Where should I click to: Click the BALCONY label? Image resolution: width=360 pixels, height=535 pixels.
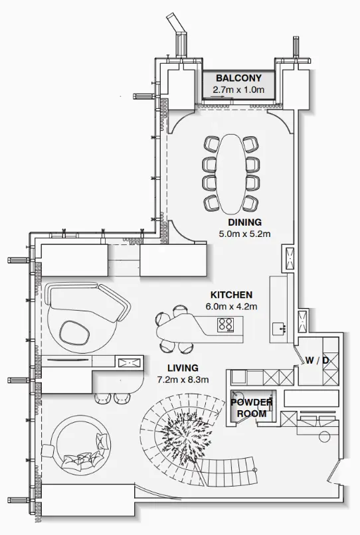click(238, 78)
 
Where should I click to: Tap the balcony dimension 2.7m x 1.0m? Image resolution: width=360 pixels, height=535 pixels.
click(238, 89)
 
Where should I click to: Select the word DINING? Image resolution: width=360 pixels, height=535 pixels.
click(244, 222)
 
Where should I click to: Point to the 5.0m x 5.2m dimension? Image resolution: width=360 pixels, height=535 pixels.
click(244, 234)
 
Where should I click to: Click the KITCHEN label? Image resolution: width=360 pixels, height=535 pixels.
click(231, 295)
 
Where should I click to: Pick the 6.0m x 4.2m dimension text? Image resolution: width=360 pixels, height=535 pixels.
click(231, 306)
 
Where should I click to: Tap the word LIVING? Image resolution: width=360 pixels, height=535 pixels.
click(182, 368)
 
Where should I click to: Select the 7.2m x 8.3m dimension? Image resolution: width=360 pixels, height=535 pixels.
click(182, 380)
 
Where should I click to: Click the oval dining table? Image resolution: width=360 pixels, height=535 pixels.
click(230, 173)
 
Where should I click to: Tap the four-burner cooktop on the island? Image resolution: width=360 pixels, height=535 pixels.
click(226, 325)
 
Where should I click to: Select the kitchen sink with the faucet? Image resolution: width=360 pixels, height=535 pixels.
click(279, 327)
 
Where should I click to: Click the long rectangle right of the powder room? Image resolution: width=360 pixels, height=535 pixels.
click(311, 398)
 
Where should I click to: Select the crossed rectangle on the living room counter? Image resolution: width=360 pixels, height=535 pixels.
click(129, 362)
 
